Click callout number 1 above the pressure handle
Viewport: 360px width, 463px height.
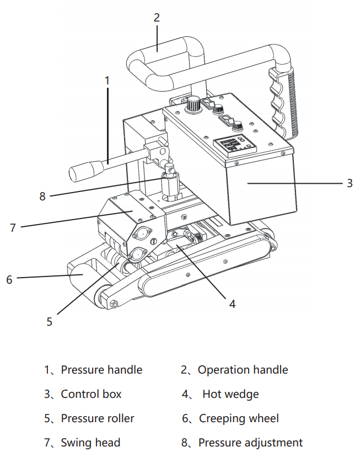coord(107,80)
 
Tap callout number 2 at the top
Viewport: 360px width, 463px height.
coord(157,18)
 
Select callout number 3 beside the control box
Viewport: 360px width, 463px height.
coord(350,183)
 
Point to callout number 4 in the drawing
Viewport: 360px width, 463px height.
coord(232,304)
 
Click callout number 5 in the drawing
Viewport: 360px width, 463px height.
coord(50,321)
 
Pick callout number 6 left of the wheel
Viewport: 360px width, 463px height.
coord(9,279)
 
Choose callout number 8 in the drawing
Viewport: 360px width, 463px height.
coord(42,196)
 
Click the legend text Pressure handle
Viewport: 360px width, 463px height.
coord(101,370)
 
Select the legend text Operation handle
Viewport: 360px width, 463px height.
coord(243,370)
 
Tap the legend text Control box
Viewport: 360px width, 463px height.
coord(91,394)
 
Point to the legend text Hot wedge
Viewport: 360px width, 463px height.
coord(230,394)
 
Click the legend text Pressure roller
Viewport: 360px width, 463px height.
coord(98,418)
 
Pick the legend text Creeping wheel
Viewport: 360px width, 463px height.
coord(239,418)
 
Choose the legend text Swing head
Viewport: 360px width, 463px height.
coord(90,443)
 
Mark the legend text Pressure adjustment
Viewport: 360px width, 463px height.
coord(250,443)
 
